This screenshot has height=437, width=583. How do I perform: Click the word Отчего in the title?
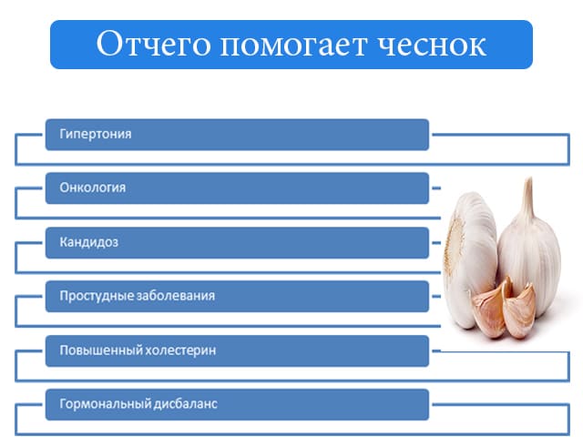tap(153, 45)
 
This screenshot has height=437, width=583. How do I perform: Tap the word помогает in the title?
tap(293, 46)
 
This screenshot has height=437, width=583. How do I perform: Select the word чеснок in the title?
tap(432, 46)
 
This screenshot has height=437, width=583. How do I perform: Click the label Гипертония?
tap(96, 134)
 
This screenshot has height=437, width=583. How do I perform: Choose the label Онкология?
tap(93, 188)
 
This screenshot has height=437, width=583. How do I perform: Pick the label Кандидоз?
tap(89, 242)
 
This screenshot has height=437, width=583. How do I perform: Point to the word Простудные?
tap(97, 296)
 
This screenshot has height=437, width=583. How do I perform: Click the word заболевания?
tap(176, 296)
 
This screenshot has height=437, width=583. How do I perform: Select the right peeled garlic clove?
tap(520, 311)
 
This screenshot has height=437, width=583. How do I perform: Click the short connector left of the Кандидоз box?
tap(29, 243)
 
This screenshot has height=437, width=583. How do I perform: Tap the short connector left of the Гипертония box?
tap(29, 135)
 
